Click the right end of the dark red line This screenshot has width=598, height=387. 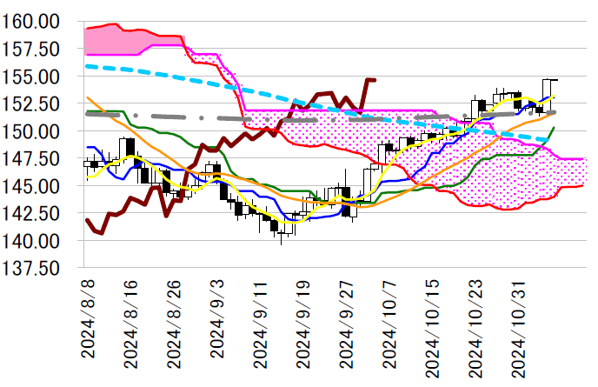click(x=375, y=80)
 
